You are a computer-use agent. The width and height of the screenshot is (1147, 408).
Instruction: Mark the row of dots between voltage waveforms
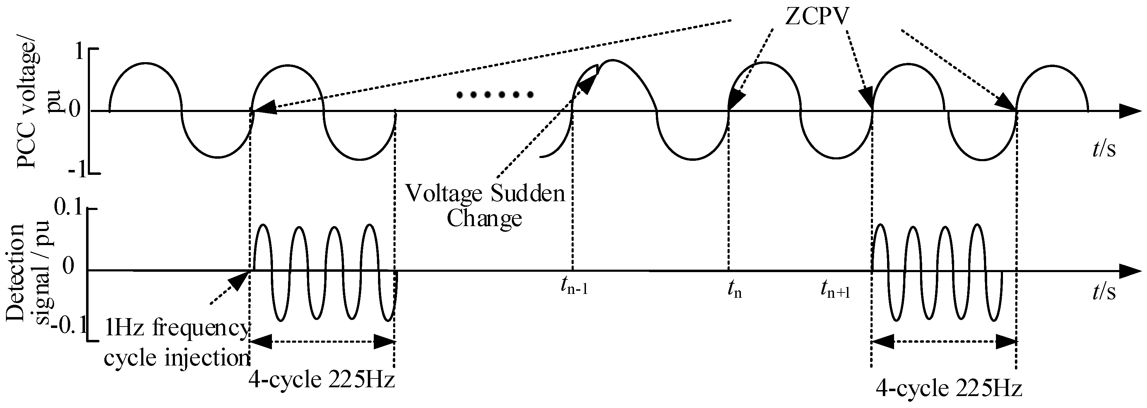495,94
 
